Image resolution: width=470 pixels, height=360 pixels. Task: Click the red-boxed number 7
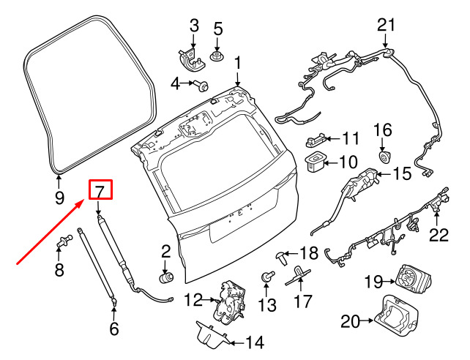(x=100, y=190)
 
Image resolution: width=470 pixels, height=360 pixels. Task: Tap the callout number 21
(x=386, y=26)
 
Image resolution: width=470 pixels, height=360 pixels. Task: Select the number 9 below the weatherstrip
(x=59, y=197)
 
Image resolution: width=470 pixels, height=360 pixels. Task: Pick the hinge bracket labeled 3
(x=190, y=61)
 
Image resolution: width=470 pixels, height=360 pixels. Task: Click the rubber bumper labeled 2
(x=166, y=277)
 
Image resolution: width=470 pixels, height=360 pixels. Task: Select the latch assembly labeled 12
(x=229, y=302)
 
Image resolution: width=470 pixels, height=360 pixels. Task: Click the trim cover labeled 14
(x=212, y=334)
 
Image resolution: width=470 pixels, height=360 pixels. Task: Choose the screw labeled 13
(x=268, y=276)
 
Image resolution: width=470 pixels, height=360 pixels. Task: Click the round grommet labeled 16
(x=384, y=157)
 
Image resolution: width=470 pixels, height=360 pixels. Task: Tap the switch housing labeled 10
(x=315, y=162)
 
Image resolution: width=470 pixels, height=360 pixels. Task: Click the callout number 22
(x=439, y=235)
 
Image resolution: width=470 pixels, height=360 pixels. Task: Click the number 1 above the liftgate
(x=238, y=64)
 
